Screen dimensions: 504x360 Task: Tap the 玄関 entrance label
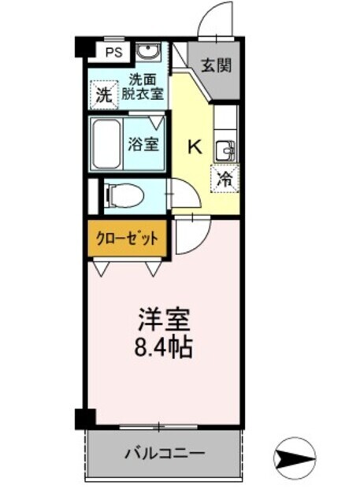tap(215, 65)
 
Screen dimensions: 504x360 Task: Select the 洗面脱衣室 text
tap(143, 87)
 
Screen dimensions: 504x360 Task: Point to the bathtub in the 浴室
tap(106, 143)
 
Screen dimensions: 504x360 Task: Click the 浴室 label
tap(143, 145)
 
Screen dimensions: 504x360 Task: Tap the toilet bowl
tap(124, 194)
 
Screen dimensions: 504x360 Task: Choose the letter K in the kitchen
tap(194, 146)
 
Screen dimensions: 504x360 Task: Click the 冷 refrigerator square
tap(225, 178)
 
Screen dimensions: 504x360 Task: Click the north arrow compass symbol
tap(294, 456)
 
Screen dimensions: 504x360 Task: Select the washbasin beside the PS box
tap(147, 53)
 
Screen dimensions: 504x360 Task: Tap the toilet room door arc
tap(180, 193)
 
